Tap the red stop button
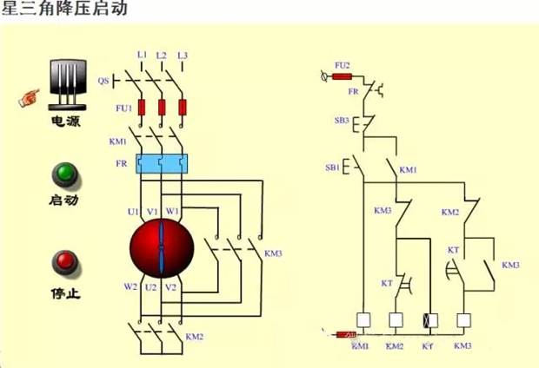(x=64, y=261)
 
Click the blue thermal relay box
(x=163, y=163)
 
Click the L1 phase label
(x=142, y=56)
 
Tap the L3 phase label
(x=183, y=56)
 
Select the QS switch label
(x=103, y=81)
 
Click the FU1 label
(x=123, y=108)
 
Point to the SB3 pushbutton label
(x=342, y=121)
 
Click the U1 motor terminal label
(x=134, y=211)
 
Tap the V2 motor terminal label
(x=172, y=286)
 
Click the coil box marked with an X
(x=428, y=319)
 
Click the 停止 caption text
(x=65, y=294)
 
